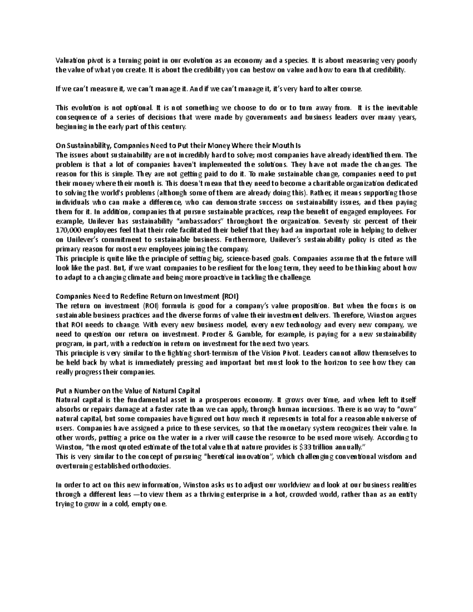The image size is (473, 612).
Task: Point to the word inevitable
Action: point(400,108)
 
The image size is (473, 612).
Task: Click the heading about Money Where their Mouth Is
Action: point(179,146)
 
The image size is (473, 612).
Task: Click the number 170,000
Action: point(68,231)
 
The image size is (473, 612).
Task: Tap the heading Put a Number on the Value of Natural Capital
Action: point(128,391)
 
